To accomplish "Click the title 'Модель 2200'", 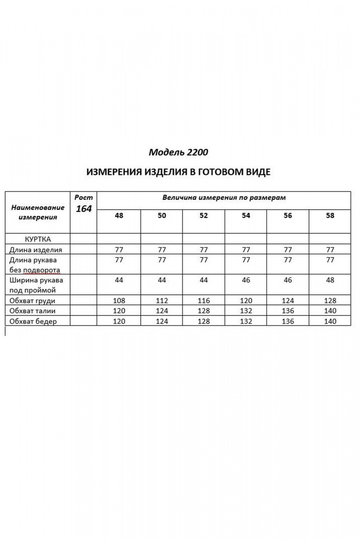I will tap(178, 152).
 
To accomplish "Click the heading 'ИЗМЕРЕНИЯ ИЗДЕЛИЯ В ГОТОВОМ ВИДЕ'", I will tap(178, 172).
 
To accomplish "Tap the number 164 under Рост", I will tap(83, 209).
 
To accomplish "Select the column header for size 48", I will tap(119, 216).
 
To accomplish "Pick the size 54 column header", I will tap(246, 216).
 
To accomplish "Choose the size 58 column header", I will tap(330, 216).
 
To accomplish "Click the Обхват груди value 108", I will tap(119, 301).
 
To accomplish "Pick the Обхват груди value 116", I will tap(203, 301).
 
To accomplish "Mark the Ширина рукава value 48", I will tap(330, 280).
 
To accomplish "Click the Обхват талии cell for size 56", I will tap(288, 311).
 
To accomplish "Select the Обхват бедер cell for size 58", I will tap(330, 321).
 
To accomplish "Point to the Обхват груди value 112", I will tap(161, 301).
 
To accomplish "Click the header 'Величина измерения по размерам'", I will tap(224, 198).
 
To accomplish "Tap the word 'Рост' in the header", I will tap(83, 197).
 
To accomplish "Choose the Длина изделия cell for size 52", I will tap(203, 249).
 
